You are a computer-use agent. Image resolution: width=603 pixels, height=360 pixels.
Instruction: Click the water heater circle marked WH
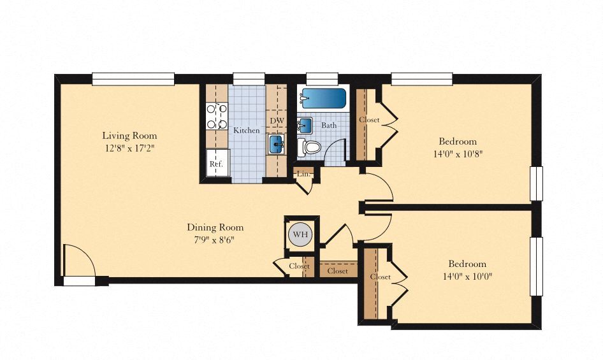(300, 234)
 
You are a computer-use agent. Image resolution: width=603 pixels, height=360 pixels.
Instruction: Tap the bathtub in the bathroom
(324, 99)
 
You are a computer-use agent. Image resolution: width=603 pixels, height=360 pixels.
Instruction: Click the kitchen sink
(277, 144)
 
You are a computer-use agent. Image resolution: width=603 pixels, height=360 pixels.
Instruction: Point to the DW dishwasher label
(277, 120)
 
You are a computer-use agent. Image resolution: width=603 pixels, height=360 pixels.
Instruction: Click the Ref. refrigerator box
(217, 162)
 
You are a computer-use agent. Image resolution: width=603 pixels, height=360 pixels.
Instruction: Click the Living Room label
(129, 135)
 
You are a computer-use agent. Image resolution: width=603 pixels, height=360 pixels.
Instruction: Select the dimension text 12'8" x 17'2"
(129, 148)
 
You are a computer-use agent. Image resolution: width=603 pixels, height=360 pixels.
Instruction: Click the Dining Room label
(215, 227)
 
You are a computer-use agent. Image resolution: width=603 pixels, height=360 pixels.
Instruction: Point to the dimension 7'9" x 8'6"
(215, 240)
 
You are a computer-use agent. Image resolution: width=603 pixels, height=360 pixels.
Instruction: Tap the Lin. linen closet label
(303, 174)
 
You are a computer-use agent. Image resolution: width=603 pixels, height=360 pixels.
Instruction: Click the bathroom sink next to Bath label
(305, 125)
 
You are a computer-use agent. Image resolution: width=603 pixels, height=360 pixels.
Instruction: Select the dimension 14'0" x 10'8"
(458, 154)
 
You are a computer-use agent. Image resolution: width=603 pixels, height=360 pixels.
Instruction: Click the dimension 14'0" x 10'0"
(467, 276)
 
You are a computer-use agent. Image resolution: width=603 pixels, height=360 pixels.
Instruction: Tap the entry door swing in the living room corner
(79, 260)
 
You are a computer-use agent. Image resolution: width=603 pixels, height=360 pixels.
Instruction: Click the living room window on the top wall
(133, 79)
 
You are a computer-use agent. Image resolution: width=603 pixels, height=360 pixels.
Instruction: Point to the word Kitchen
(247, 131)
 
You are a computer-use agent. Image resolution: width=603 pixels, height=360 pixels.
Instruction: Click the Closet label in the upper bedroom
(369, 120)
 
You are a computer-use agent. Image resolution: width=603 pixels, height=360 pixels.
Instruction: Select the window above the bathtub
(323, 78)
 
